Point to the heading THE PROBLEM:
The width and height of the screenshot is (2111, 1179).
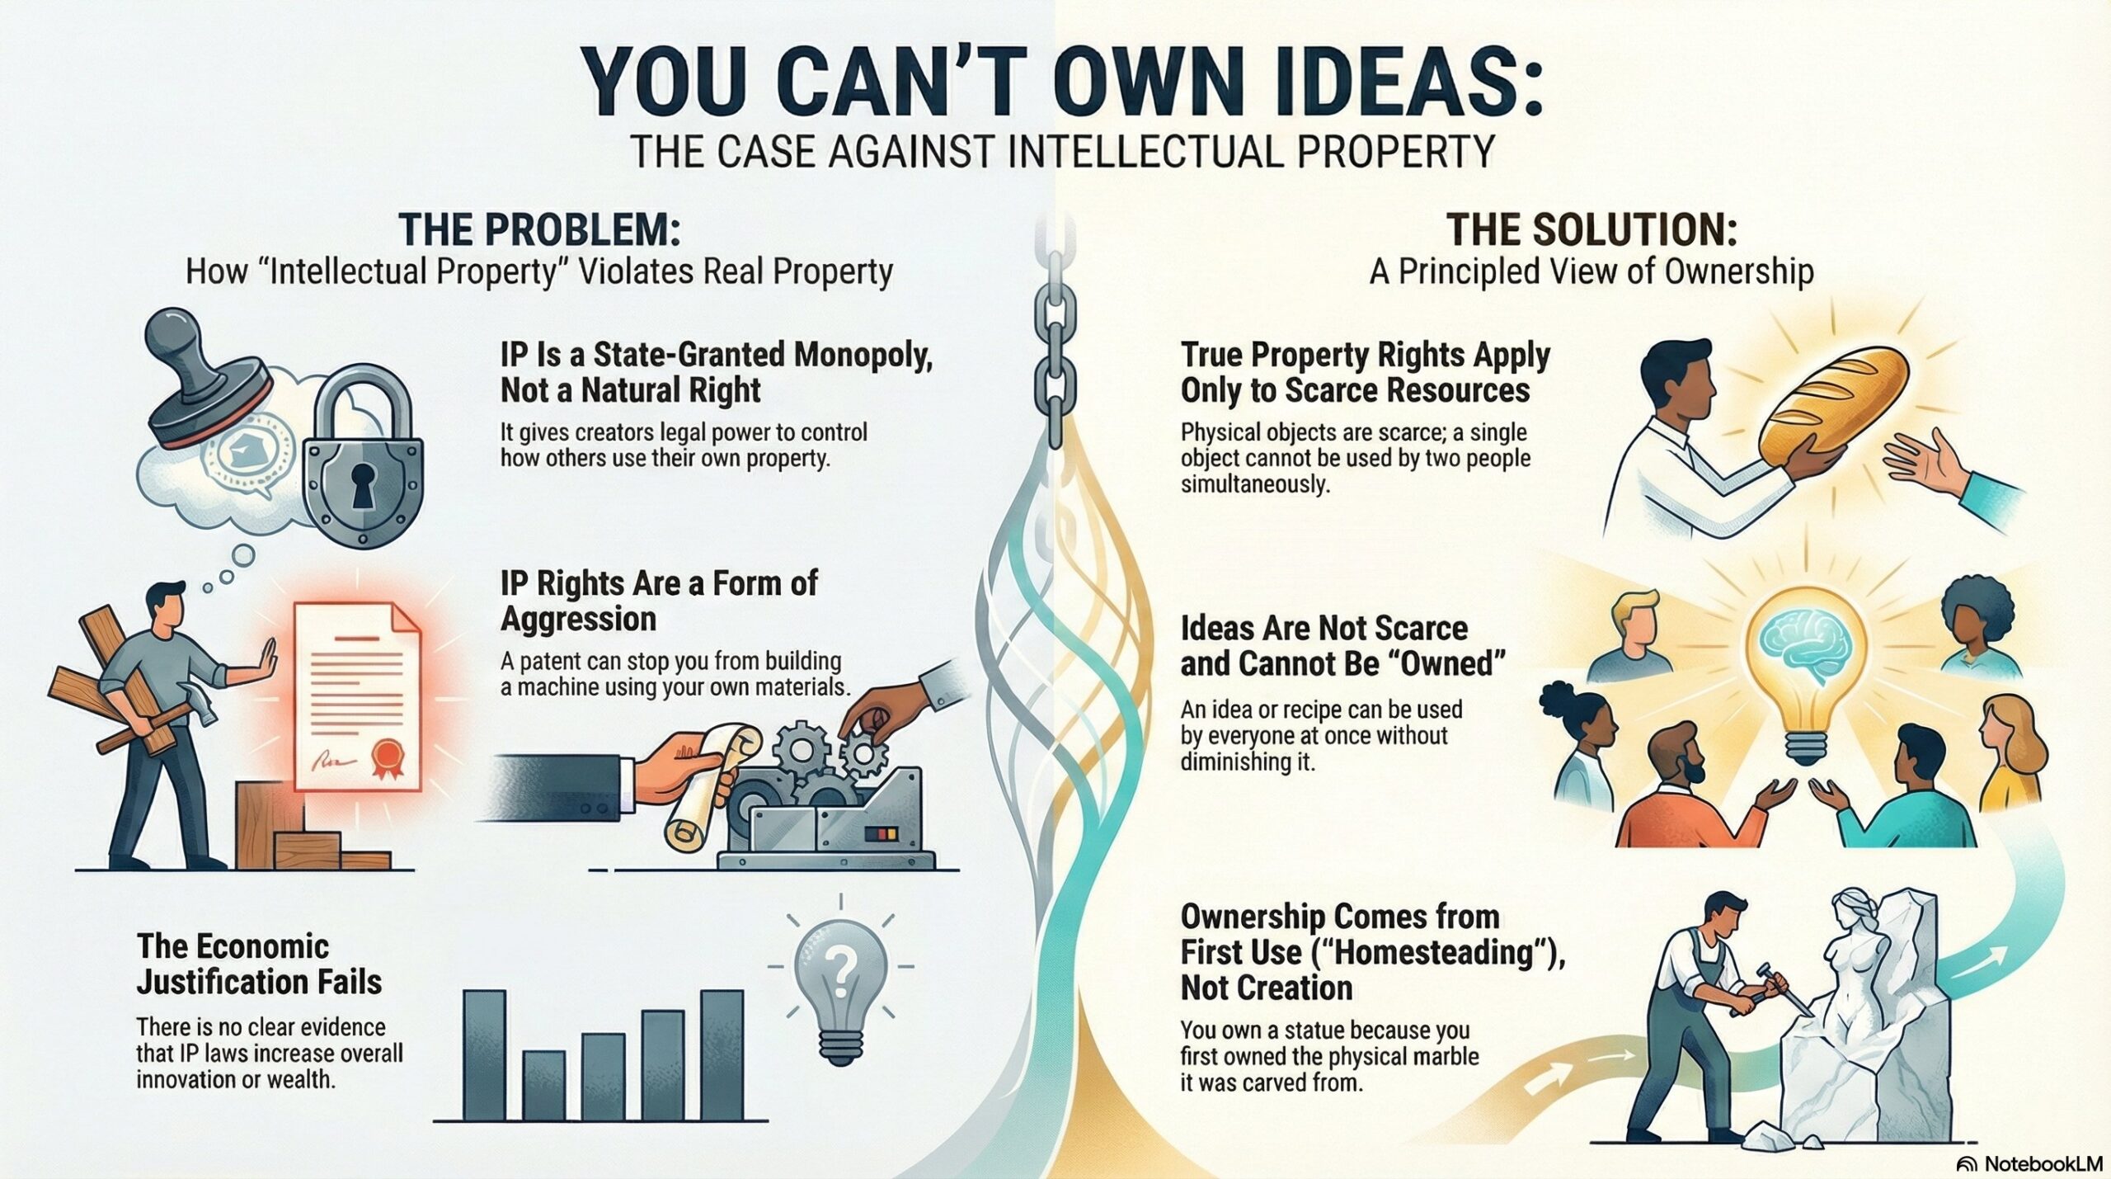click(539, 230)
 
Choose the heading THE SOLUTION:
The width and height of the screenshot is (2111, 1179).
click(1591, 230)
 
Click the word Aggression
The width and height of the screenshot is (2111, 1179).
click(578, 619)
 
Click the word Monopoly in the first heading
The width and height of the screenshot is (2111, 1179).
click(862, 355)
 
